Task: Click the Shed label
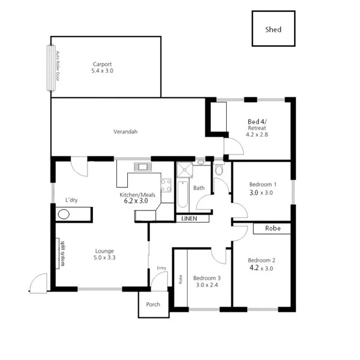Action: coord(273,29)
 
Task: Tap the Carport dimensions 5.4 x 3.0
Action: coord(103,71)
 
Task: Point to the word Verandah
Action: coord(125,131)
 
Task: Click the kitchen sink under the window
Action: coord(142,167)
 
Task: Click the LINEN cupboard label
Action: coord(189,219)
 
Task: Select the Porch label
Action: coord(153,305)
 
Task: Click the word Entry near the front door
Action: coord(161,268)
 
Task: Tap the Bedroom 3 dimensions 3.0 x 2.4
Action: coord(207,286)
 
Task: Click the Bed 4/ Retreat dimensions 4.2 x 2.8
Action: coord(256,134)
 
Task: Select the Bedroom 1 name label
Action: coord(262,185)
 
